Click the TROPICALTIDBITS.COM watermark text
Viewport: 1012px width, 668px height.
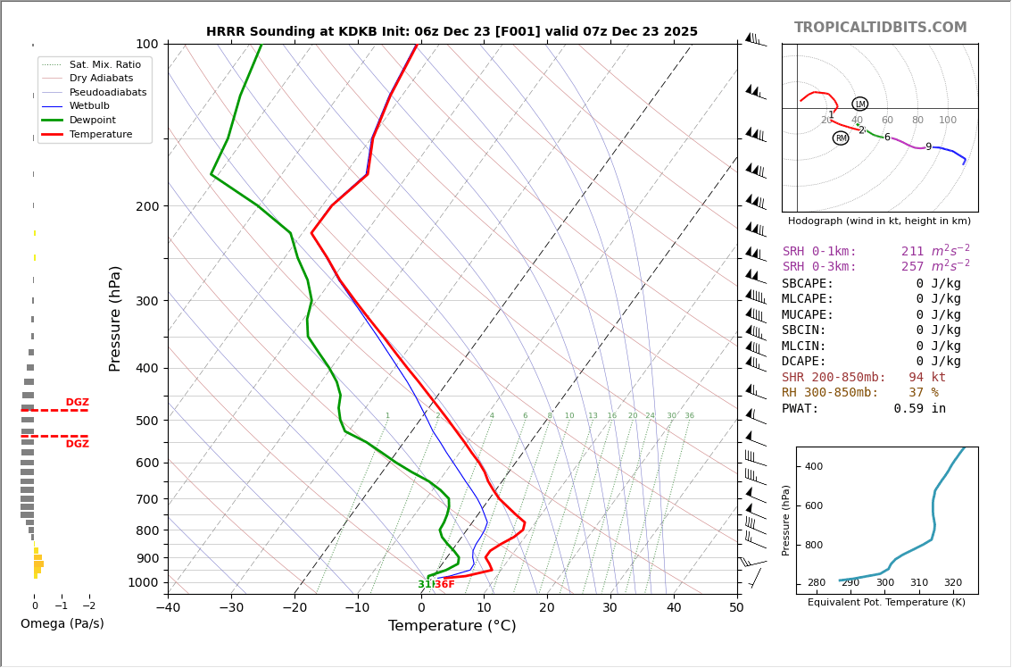pyautogui.click(x=880, y=28)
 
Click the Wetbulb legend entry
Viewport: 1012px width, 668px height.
pyautogui.click(x=89, y=106)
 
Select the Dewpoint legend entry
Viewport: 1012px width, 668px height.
pyautogui.click(x=92, y=120)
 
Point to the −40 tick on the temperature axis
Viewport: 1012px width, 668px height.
pyautogui.click(x=168, y=608)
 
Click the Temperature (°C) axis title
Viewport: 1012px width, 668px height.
pyautogui.click(x=452, y=626)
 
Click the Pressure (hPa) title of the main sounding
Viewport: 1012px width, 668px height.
pyautogui.click(x=115, y=318)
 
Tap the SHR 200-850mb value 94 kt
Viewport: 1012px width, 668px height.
pyautogui.click(x=927, y=378)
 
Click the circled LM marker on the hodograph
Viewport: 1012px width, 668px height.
pyautogui.click(x=859, y=104)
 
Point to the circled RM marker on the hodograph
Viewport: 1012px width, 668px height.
pyautogui.click(x=841, y=138)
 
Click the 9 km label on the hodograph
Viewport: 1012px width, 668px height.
pyautogui.click(x=928, y=147)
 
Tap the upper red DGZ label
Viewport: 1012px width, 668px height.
pyautogui.click(x=77, y=403)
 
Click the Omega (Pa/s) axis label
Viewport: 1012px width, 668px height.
pyautogui.click(x=62, y=624)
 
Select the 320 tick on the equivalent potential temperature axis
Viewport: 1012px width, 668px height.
pyautogui.click(x=953, y=583)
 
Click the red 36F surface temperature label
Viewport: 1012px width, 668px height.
pyautogui.click(x=444, y=584)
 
